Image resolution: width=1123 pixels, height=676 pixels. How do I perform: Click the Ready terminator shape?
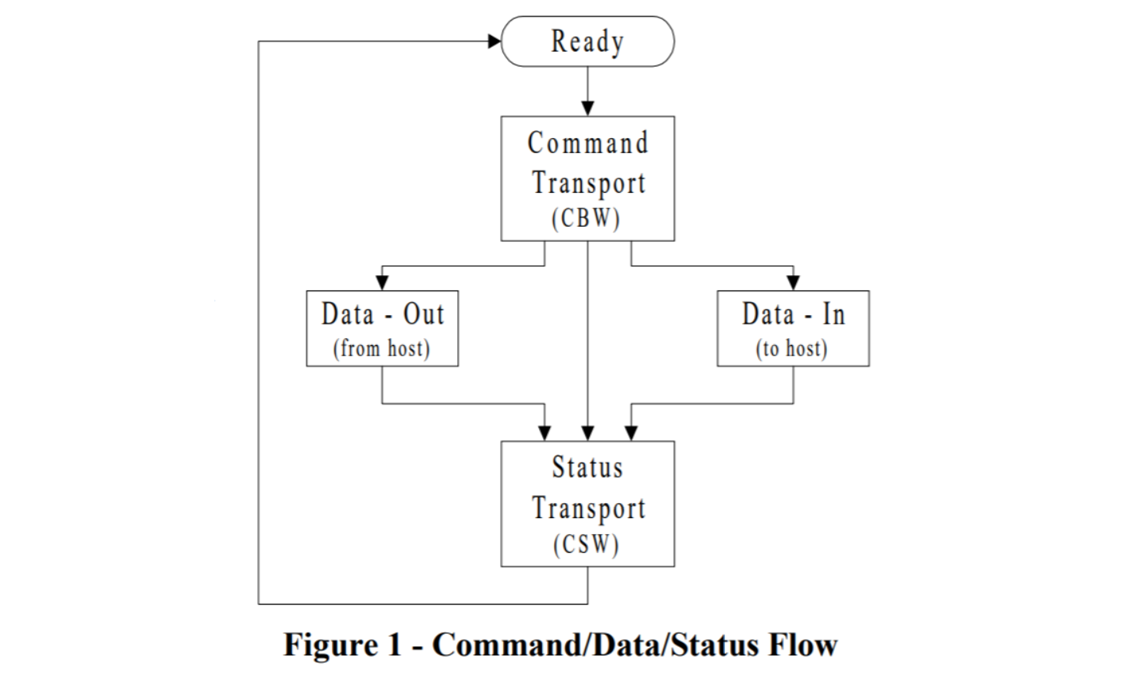[587, 41]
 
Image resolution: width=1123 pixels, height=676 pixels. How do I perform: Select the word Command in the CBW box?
[587, 144]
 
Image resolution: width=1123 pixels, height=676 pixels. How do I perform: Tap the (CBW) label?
[587, 218]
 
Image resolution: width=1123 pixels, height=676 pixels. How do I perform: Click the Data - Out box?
[382, 328]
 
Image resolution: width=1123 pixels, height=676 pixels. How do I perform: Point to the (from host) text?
[382, 348]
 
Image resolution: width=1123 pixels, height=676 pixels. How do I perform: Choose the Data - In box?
[793, 328]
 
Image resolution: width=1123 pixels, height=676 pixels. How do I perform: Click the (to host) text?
[792, 348]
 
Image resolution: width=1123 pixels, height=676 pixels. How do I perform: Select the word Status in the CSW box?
[587, 467]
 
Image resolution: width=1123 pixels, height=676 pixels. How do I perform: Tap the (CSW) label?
[587, 545]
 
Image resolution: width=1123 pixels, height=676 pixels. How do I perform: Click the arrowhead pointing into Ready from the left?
[494, 41]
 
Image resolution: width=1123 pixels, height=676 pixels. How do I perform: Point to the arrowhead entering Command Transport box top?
[587, 108]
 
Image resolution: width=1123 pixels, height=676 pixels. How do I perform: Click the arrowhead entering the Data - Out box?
[382, 282]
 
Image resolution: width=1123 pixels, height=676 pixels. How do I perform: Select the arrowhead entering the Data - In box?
[793, 282]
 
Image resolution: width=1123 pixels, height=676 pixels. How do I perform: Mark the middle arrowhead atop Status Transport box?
[587, 433]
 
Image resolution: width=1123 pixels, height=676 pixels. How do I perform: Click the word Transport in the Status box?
[588, 508]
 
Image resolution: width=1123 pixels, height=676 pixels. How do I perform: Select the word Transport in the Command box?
[588, 182]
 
